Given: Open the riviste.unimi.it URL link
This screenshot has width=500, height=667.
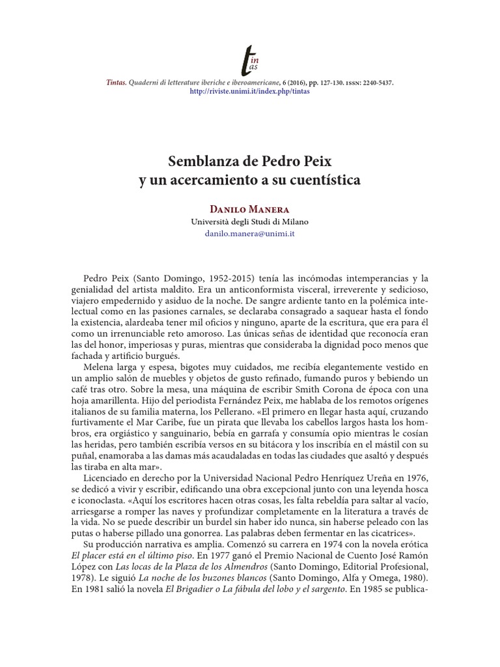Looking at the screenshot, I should (x=249, y=92).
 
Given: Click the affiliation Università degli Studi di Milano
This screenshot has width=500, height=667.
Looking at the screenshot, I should (x=249, y=221).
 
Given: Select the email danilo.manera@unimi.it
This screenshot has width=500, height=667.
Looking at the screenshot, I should (x=249, y=233).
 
